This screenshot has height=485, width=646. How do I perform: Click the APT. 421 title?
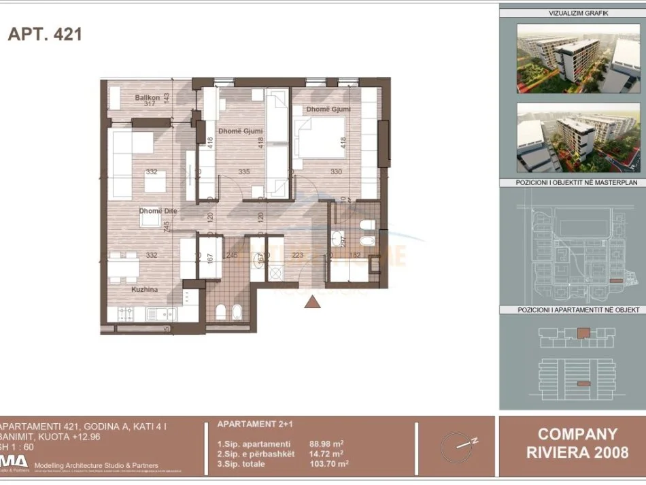(x=45, y=34)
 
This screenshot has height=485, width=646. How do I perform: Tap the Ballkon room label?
(x=146, y=97)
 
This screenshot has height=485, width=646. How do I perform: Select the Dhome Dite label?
(x=158, y=211)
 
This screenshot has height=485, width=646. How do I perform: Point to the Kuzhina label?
(x=144, y=289)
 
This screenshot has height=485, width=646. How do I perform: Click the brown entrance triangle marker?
(x=312, y=302)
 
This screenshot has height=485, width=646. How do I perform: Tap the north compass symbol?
(x=456, y=446)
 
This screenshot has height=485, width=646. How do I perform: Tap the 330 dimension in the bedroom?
(x=336, y=172)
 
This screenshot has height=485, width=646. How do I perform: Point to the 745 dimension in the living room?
(x=166, y=227)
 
